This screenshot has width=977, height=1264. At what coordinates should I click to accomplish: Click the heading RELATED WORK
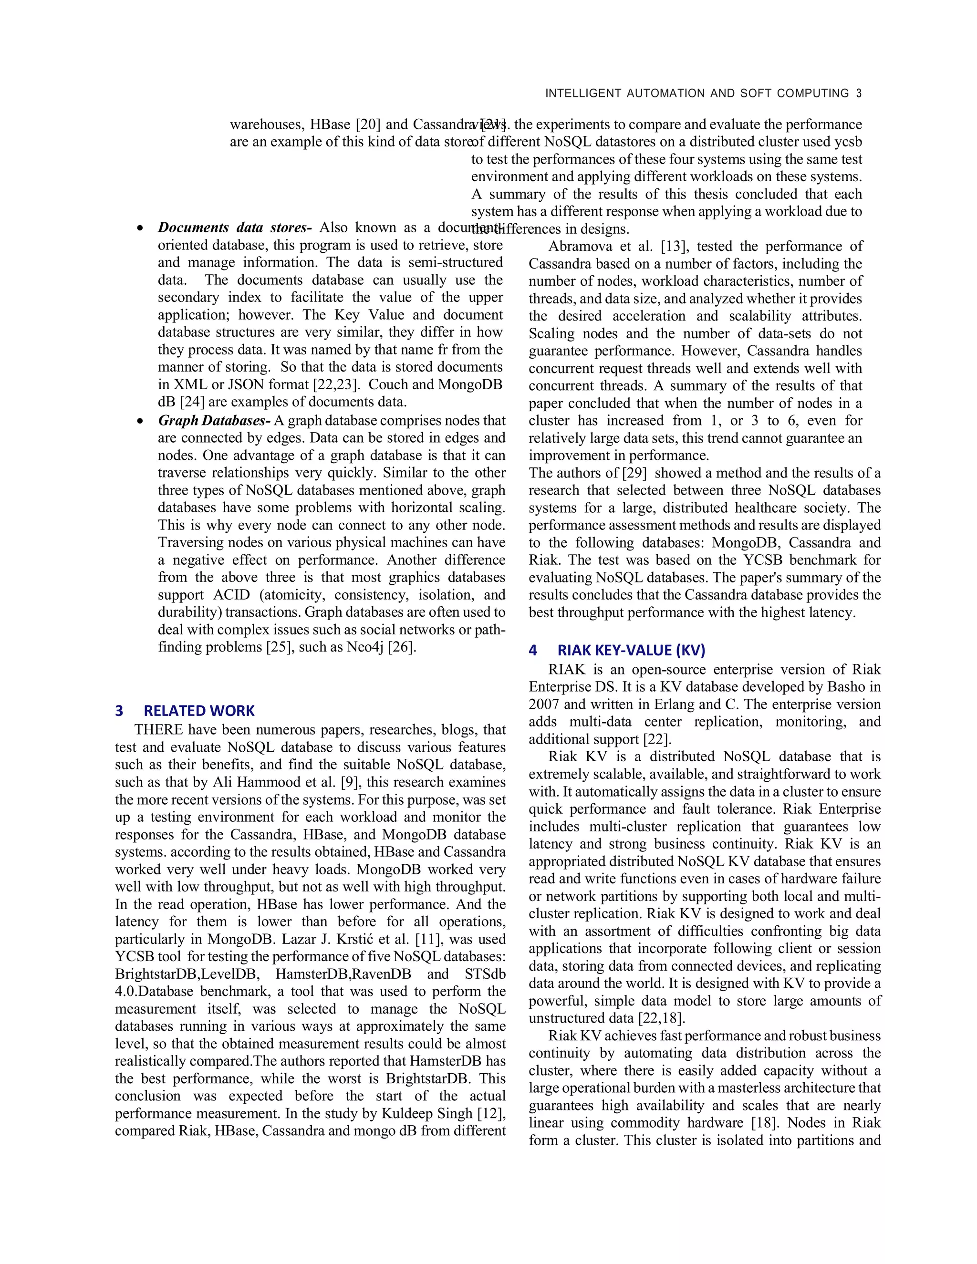tap(199, 711)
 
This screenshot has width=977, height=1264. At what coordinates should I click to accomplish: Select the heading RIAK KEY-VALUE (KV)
tap(631, 651)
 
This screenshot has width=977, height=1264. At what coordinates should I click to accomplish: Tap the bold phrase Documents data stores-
tap(234, 228)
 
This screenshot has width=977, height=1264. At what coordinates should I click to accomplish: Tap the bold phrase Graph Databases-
tap(214, 421)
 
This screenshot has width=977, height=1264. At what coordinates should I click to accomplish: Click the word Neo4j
tap(365, 647)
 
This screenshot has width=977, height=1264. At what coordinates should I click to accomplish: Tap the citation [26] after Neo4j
tap(402, 647)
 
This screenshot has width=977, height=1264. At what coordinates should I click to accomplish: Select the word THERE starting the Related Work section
tap(158, 730)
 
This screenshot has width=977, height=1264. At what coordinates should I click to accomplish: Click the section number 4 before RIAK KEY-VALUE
tap(532, 651)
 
